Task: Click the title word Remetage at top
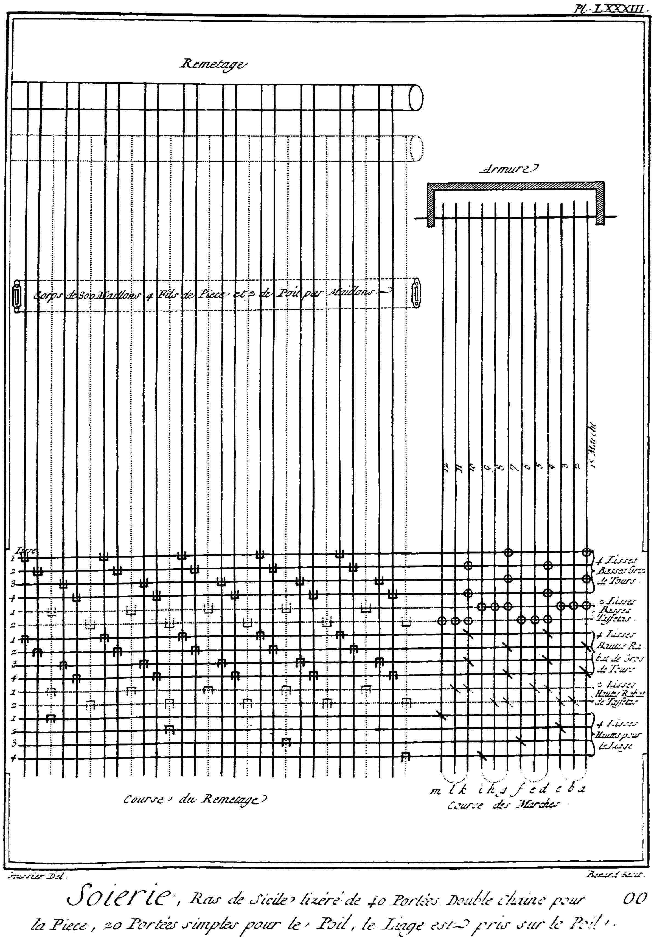click(213, 64)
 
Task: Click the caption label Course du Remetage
click(195, 799)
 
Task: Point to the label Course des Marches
click(503, 804)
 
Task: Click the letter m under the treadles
click(435, 791)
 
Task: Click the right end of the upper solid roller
click(416, 98)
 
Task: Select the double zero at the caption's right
click(635, 898)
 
